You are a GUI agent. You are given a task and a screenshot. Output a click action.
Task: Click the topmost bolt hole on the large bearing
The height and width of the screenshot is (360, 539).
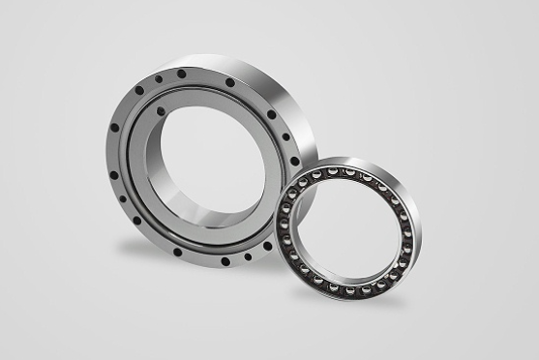click(x=181, y=74)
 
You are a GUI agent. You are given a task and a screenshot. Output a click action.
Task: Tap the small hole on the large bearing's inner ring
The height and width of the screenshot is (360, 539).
click(x=161, y=111)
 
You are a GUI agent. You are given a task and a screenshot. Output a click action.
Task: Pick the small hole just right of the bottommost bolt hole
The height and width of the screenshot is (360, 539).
click(x=248, y=257)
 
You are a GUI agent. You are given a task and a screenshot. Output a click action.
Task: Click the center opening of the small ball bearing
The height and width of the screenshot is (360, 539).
click(x=344, y=228)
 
